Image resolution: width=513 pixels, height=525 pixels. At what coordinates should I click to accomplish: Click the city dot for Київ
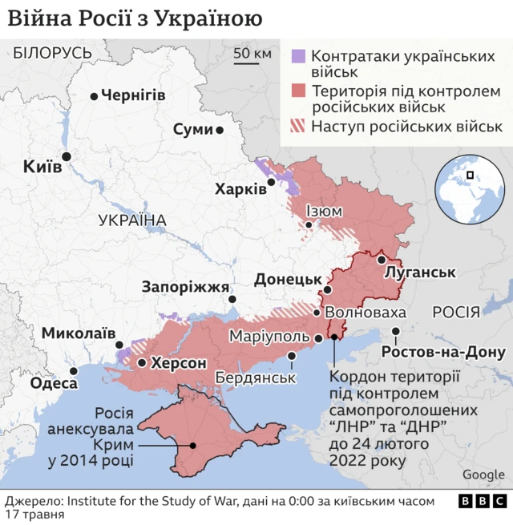66,156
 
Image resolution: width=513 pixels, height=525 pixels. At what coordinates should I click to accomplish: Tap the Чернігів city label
132,95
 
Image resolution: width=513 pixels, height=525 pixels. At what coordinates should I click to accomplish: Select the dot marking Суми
219,129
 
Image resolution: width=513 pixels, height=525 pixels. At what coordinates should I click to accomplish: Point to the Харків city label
240,189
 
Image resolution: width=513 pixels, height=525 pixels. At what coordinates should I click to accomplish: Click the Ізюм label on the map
324,212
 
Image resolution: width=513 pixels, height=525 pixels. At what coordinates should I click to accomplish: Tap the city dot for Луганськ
382,260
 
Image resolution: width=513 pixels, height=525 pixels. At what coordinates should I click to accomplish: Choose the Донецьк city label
288,280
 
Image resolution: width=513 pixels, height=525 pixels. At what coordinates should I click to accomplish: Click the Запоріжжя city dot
232,299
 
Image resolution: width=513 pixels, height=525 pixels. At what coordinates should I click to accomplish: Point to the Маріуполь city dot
318,338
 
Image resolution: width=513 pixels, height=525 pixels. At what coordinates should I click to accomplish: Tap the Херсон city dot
142,363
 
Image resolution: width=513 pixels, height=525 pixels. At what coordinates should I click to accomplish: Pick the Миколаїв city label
79,333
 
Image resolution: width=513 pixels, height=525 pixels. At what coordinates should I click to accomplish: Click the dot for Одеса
74,370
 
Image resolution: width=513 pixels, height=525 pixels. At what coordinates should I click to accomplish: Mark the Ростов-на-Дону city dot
396,331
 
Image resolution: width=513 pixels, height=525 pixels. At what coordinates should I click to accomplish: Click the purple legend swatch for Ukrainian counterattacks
297,56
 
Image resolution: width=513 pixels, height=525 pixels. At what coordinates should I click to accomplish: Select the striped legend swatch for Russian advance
297,127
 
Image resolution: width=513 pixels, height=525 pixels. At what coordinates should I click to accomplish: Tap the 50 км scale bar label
252,55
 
